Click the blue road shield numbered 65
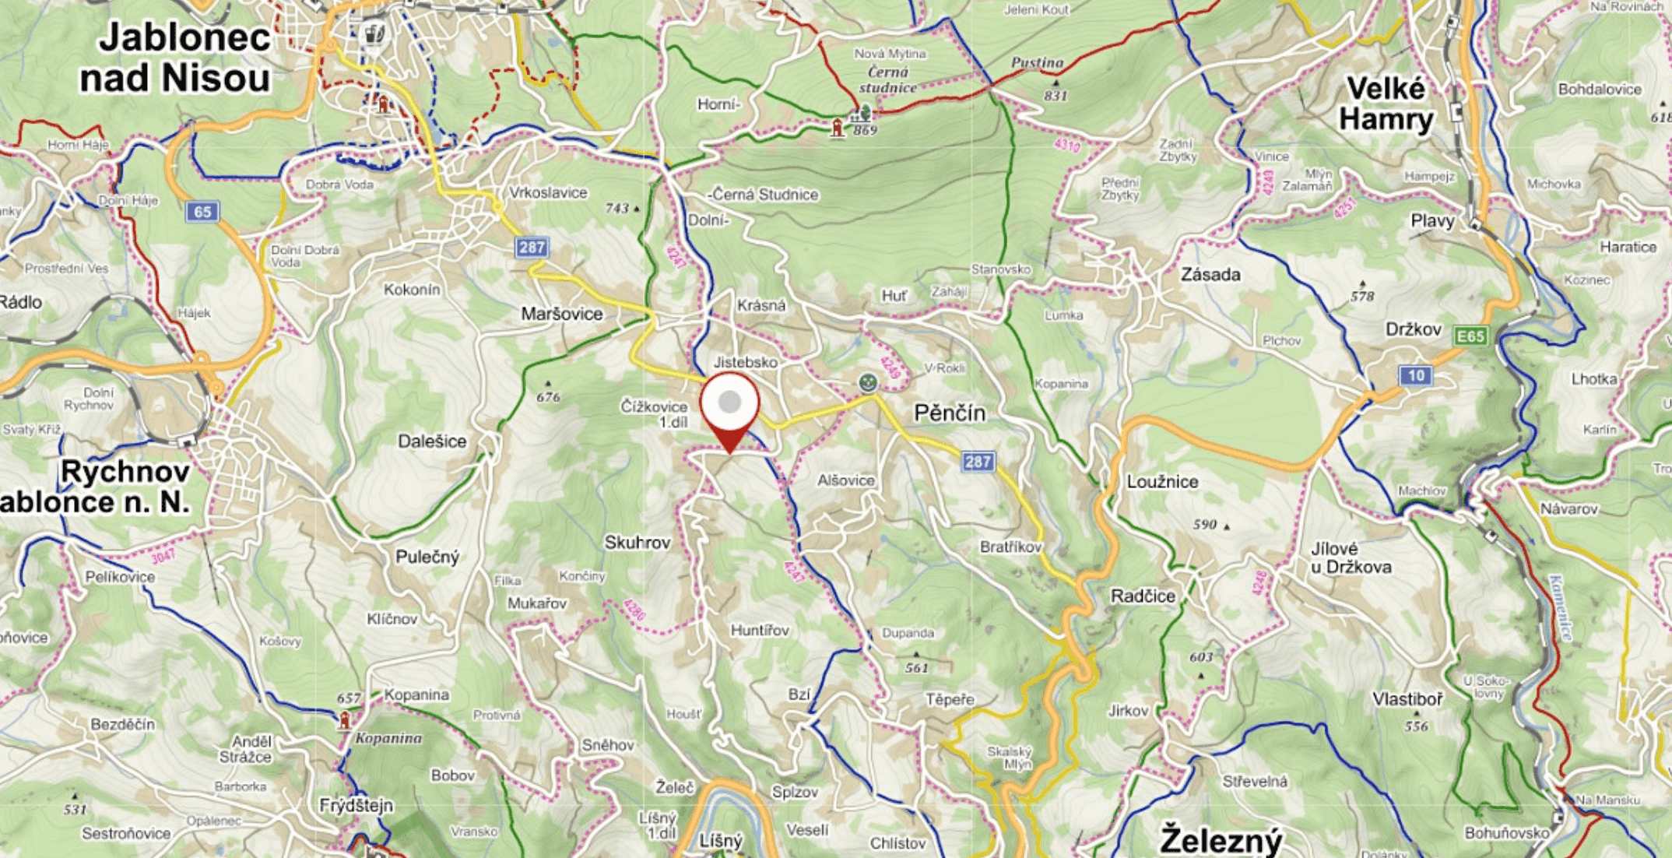(202, 212)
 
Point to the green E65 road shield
(1470, 336)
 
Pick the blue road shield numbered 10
(1416, 376)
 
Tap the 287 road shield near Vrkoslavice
(532, 248)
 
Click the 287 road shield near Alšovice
(978, 462)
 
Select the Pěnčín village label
(950, 413)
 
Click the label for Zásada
(1210, 275)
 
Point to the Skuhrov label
(638, 543)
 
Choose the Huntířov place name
(760, 630)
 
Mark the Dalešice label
(432, 441)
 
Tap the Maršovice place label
(562, 314)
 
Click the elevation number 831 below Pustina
(1056, 96)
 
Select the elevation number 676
(548, 397)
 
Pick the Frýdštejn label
(357, 805)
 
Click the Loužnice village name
(1162, 482)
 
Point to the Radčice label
(1143, 596)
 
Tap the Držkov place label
(1413, 329)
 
